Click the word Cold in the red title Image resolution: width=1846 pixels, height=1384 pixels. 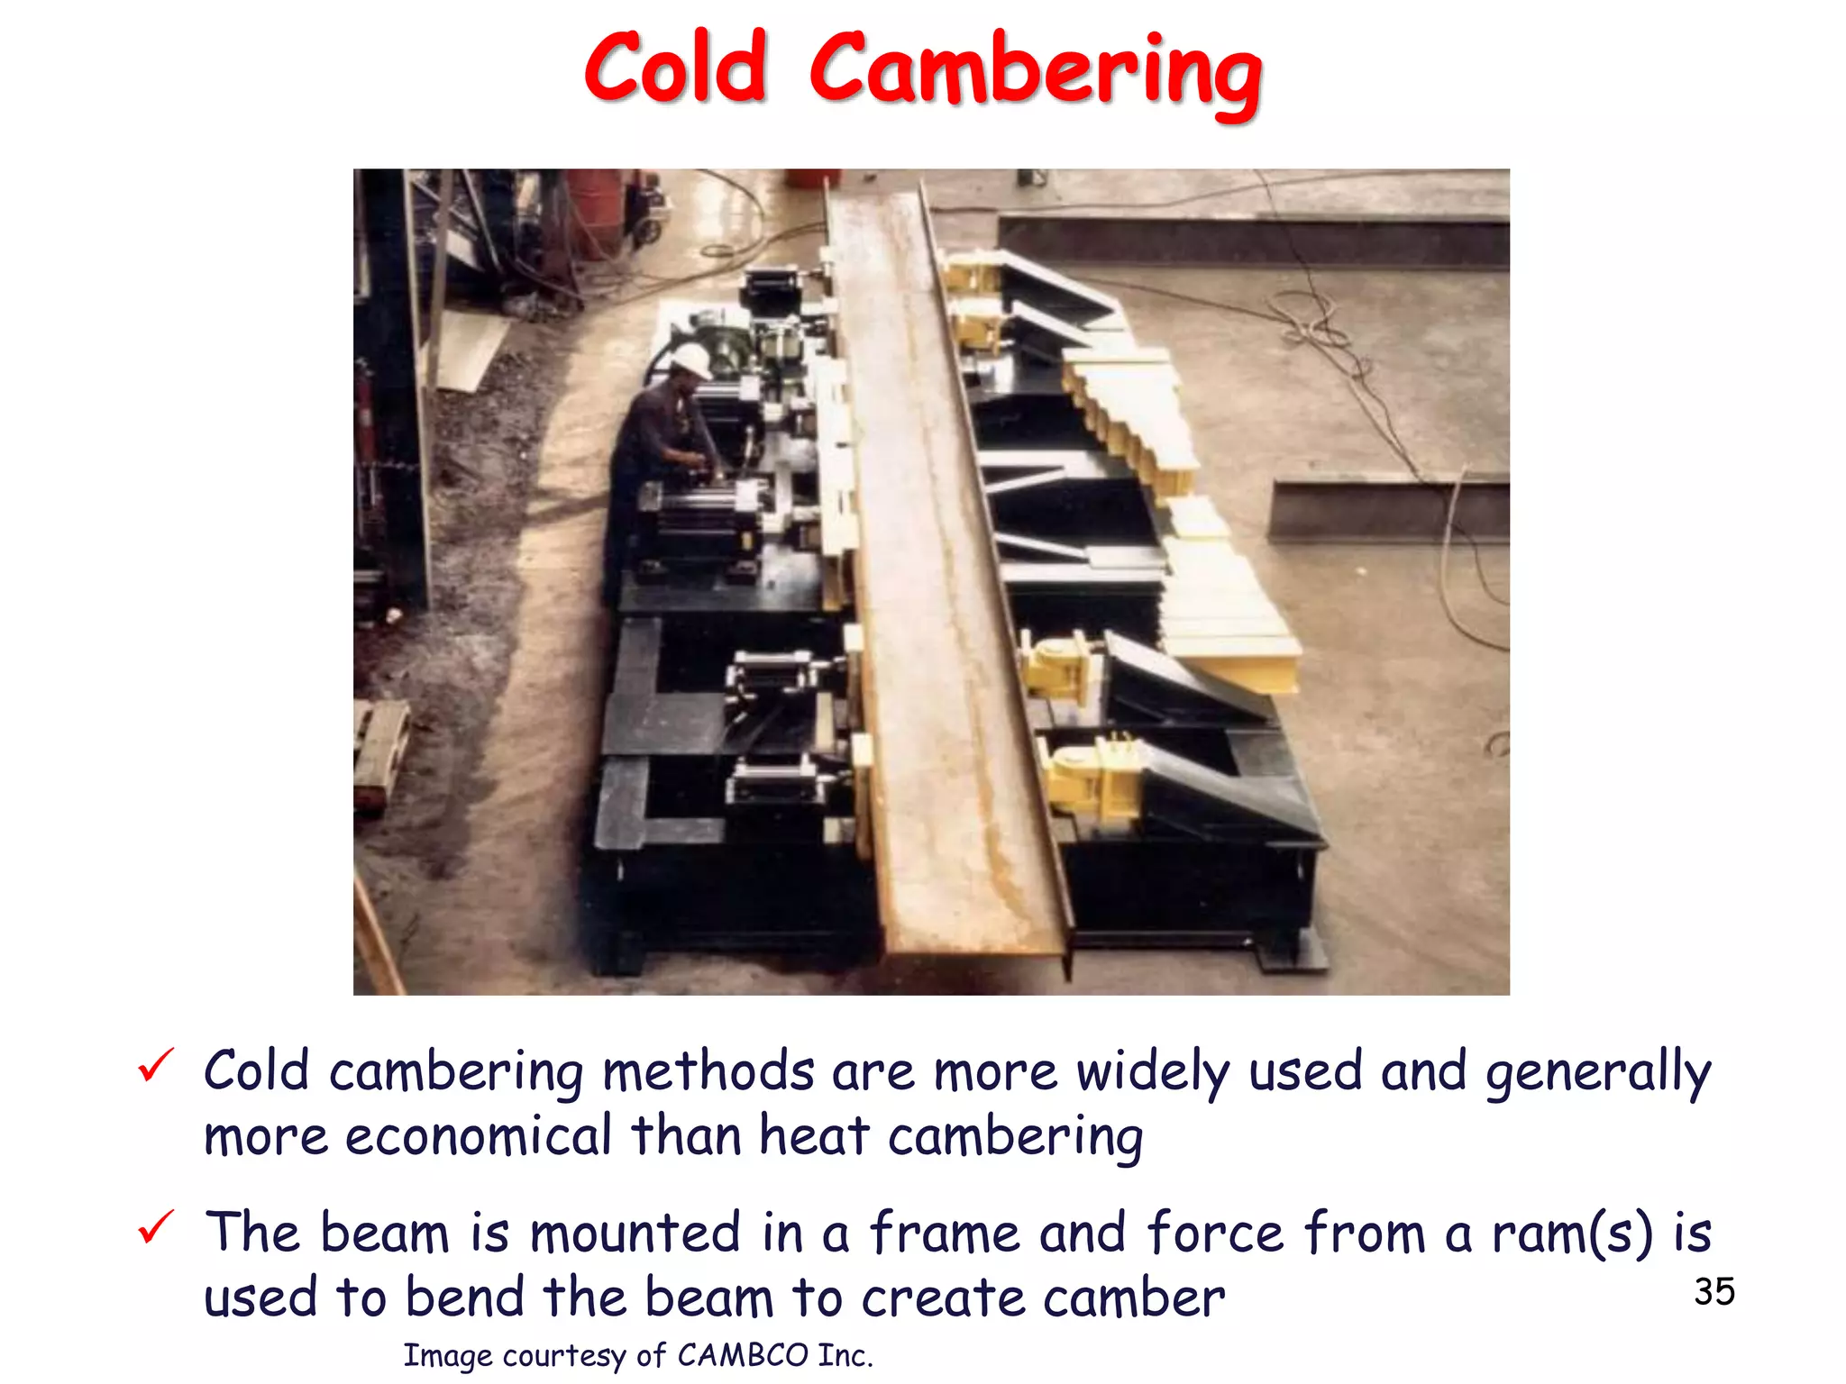pyautogui.click(x=676, y=68)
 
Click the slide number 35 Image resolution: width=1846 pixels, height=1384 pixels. pyautogui.click(x=1713, y=1292)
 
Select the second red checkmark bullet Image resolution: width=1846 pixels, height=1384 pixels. pyautogui.click(x=156, y=1227)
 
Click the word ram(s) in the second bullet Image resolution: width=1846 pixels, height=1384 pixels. pyautogui.click(x=1572, y=1233)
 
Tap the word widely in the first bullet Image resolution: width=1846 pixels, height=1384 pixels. pyautogui.click(x=1153, y=1072)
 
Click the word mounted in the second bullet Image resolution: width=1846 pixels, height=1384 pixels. pyautogui.click(x=635, y=1233)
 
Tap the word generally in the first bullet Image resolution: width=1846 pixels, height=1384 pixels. pyautogui.click(x=1598, y=1072)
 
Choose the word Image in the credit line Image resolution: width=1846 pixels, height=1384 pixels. pyautogui.click(x=447, y=1355)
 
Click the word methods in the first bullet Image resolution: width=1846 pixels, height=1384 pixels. pyautogui.click(x=708, y=1072)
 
